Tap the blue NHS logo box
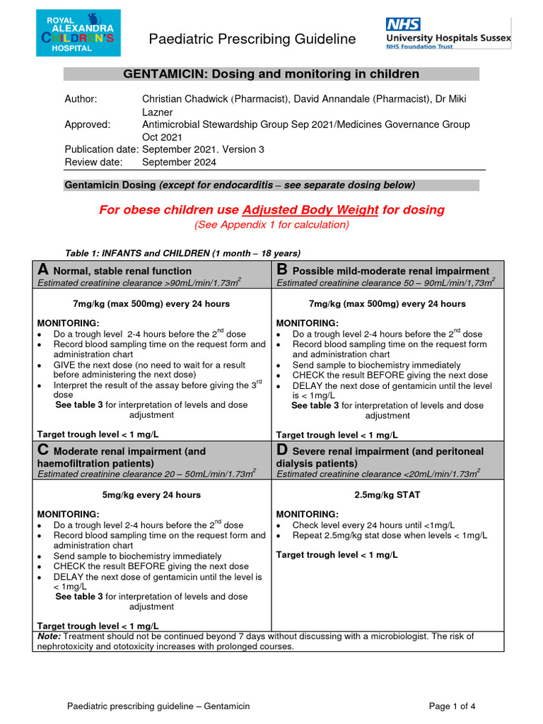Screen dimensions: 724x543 click(x=403, y=25)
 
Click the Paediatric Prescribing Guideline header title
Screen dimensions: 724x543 click(x=252, y=39)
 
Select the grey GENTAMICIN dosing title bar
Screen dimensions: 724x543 click(x=271, y=74)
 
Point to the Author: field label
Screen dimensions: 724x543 click(x=81, y=99)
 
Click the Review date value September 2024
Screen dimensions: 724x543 click(x=180, y=162)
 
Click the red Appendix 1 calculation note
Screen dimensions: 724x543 click(x=271, y=225)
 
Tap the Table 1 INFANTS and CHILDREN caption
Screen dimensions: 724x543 click(x=183, y=253)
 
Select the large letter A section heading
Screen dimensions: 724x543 click(x=43, y=269)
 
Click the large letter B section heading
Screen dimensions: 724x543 click(x=282, y=269)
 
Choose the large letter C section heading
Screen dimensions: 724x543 click(x=43, y=450)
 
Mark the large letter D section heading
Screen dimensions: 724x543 click(x=283, y=450)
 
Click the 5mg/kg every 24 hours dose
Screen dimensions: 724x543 click(x=152, y=495)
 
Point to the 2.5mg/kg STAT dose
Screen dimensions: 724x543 click(x=388, y=495)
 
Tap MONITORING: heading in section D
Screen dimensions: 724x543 click(x=307, y=514)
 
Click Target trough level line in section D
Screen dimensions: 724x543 click(x=337, y=555)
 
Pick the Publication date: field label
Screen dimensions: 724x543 click(x=101, y=149)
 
